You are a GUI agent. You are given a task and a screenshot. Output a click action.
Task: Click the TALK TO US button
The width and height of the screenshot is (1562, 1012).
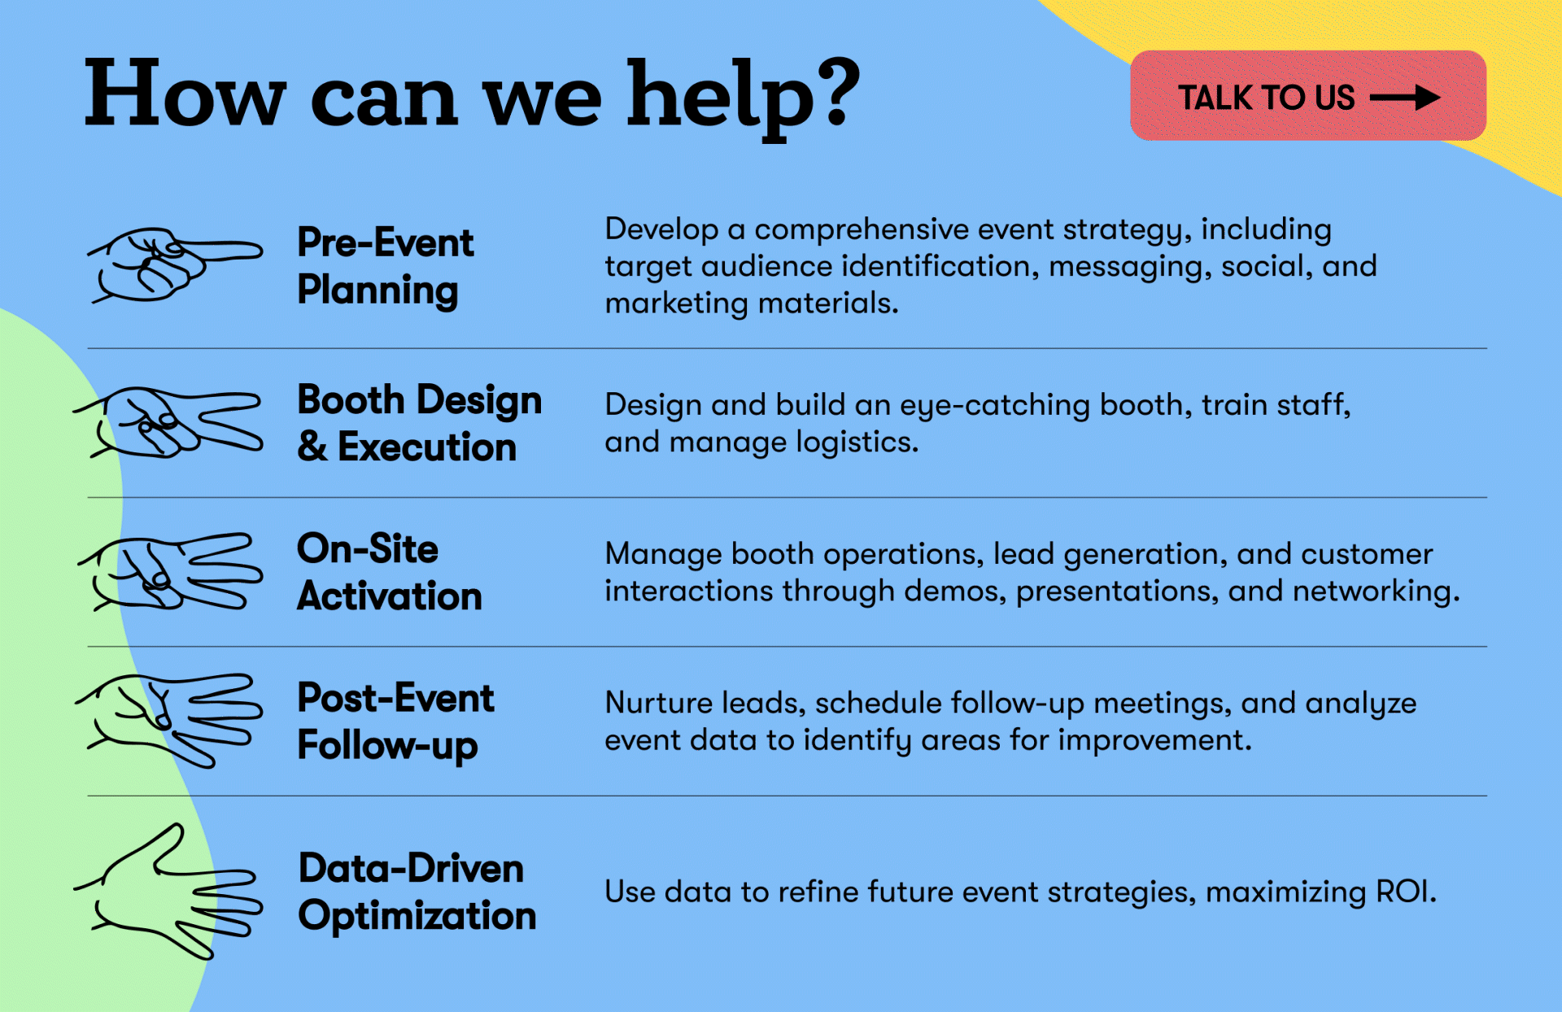(x=1308, y=95)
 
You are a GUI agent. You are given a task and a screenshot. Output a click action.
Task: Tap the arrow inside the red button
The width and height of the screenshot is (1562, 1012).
(x=1405, y=98)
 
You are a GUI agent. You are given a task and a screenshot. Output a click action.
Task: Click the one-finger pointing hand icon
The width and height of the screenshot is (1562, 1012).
(x=174, y=264)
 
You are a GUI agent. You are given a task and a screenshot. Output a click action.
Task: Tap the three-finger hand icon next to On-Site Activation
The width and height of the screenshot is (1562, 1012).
(x=170, y=572)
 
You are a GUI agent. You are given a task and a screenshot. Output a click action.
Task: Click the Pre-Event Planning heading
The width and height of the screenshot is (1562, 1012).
(x=385, y=266)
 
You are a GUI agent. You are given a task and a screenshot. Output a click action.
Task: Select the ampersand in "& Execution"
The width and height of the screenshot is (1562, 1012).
(x=312, y=447)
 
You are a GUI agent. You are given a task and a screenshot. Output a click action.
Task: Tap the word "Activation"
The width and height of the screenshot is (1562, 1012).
(x=390, y=596)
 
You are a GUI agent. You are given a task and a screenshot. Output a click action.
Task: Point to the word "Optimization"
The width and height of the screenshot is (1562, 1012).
(x=417, y=917)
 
